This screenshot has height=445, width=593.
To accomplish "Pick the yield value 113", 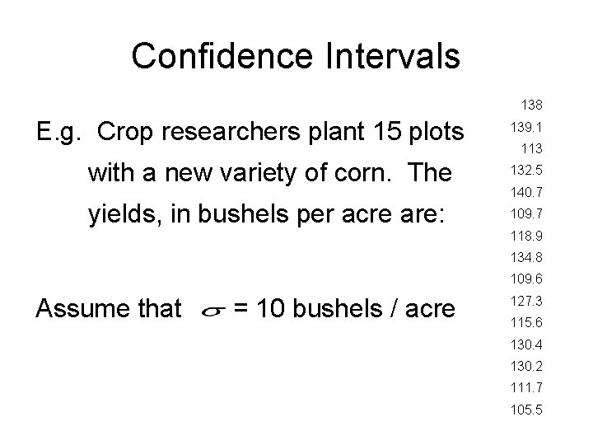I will [x=530, y=149].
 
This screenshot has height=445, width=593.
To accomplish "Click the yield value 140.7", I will [x=525, y=193].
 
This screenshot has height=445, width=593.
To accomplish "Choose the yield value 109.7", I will [x=525, y=215].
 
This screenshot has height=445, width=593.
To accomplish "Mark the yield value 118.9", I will [x=525, y=236].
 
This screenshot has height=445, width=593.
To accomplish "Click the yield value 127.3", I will [x=525, y=301].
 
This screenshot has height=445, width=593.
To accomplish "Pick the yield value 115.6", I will [x=525, y=322].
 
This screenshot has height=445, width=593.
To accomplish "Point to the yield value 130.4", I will [x=525, y=344].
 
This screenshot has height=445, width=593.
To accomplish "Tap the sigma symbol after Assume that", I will [x=211, y=311].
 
